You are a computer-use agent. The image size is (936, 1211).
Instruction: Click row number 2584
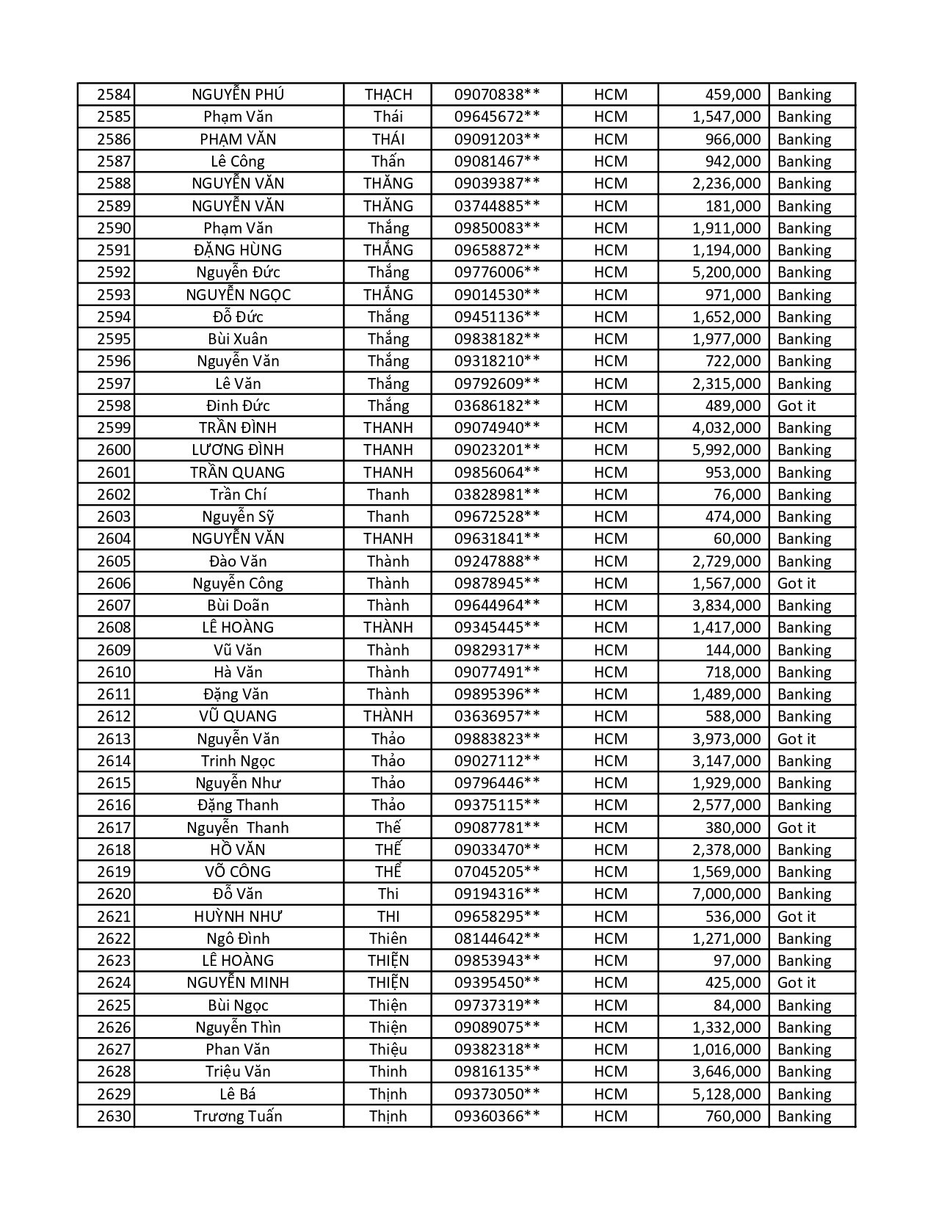point(114,95)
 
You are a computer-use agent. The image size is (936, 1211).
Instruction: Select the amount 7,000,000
point(726,894)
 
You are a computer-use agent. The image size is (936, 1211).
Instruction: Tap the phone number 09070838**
point(497,95)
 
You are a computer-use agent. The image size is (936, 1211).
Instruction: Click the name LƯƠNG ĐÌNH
point(238,450)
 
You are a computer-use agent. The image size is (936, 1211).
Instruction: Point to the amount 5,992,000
point(726,450)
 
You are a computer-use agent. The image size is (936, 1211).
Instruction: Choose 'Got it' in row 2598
point(797,406)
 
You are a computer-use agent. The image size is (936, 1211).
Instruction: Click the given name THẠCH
point(388,95)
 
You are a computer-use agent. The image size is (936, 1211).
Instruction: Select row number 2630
point(114,1116)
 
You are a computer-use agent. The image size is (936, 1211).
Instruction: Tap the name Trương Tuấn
point(238,1116)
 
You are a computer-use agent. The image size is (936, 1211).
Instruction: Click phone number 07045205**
point(497,872)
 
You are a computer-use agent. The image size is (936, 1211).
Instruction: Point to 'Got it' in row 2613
point(797,739)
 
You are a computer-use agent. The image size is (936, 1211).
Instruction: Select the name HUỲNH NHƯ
point(238,917)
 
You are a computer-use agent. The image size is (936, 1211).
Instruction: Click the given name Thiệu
point(388,1050)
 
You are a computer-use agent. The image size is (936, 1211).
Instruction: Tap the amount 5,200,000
point(726,272)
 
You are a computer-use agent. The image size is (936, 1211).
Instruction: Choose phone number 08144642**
point(497,939)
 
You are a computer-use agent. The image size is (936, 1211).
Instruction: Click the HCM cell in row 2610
point(611,672)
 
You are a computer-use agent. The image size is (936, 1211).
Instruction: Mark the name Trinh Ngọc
point(238,761)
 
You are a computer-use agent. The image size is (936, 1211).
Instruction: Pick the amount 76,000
point(737,495)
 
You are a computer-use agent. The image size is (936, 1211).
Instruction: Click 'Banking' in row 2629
point(804,1094)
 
